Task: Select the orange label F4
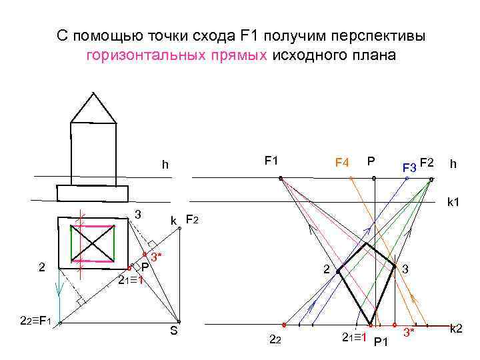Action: [342, 162]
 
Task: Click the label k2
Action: [457, 329]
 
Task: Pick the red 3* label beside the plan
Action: [155, 257]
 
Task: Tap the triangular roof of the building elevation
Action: [93, 107]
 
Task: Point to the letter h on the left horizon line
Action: [163, 165]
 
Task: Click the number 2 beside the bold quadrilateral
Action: [325, 269]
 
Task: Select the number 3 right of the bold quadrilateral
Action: [405, 269]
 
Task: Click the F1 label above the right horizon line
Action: [271, 161]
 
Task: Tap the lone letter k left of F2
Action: [173, 221]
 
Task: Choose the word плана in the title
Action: [374, 55]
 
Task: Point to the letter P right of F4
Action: [371, 161]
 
